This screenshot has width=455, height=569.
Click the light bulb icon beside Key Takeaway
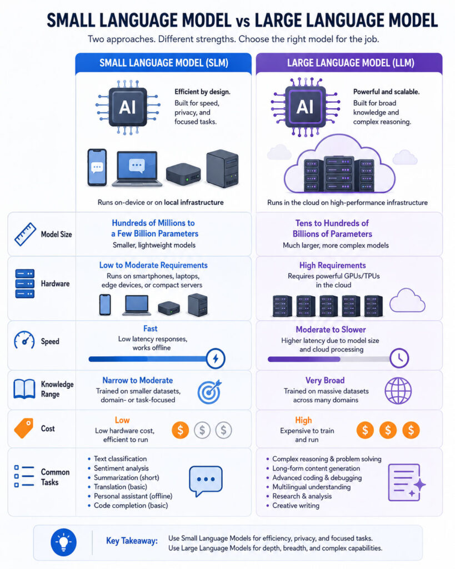tap(63, 542)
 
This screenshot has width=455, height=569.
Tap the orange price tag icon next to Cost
tap(23, 428)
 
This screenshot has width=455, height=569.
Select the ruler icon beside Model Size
tap(25, 234)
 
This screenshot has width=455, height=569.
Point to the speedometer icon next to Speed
tap(24, 341)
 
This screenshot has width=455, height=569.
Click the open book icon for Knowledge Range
tap(24, 389)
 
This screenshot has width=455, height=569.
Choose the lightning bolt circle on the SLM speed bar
tap(216, 358)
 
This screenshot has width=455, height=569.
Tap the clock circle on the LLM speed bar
tap(399, 358)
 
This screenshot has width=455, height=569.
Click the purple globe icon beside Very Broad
tap(398, 391)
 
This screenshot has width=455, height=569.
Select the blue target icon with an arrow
tap(209, 392)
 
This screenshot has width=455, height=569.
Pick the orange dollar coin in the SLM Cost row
tap(181, 430)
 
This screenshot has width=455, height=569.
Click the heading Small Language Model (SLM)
tap(164, 63)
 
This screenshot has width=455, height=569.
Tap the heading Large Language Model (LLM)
tap(351, 63)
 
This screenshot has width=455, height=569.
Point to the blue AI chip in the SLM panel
tap(128, 107)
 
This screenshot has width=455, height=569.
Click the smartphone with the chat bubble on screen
tap(97, 167)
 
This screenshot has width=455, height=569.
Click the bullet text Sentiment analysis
tap(121, 468)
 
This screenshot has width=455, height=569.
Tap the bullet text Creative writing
tap(296, 506)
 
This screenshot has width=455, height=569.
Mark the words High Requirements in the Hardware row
tap(332, 265)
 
